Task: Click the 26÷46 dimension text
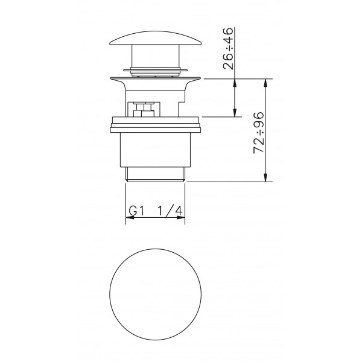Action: coord(228,48)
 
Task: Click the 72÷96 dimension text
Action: coord(258,133)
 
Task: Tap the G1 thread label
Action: coord(136,211)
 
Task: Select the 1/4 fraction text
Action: coord(170,211)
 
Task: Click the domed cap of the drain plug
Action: coord(156,38)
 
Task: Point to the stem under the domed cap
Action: coord(156,56)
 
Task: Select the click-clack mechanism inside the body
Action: coord(144,109)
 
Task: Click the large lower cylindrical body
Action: coord(156,150)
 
